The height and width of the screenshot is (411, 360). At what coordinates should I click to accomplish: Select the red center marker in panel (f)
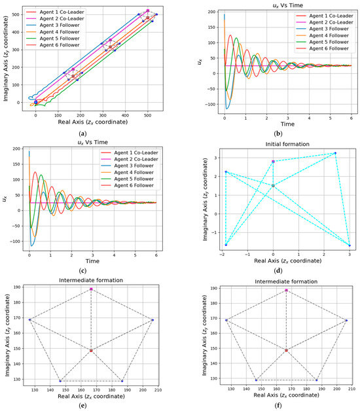coord(286,350)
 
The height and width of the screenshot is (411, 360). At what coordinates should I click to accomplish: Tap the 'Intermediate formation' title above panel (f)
coord(286,277)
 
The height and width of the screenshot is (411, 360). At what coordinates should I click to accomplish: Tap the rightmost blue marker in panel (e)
coord(153,320)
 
